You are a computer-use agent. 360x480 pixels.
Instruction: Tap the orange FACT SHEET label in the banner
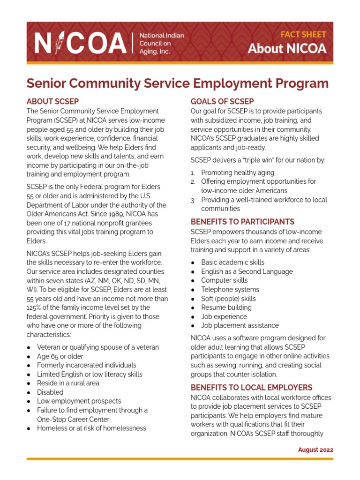(x=303, y=35)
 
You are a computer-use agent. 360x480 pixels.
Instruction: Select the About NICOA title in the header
(x=287, y=49)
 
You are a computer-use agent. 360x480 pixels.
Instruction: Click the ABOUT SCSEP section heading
(x=52, y=101)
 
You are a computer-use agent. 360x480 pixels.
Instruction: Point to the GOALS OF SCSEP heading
(x=222, y=101)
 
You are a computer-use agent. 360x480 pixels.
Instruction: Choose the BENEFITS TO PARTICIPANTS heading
(x=242, y=222)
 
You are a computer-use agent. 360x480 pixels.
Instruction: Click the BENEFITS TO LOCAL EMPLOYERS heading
(x=251, y=388)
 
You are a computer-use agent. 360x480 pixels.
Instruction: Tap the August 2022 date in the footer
(x=315, y=450)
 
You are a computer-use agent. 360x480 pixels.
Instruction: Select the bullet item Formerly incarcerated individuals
(x=87, y=365)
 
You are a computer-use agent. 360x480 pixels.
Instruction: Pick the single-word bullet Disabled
(x=50, y=392)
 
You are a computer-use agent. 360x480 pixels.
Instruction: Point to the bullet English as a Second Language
(x=247, y=271)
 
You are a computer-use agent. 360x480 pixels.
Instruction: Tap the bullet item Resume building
(x=226, y=307)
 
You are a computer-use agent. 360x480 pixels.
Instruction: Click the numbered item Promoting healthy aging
(x=238, y=172)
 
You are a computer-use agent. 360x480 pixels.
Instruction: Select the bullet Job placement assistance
(x=240, y=325)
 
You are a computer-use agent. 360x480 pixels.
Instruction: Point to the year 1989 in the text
(x=106, y=214)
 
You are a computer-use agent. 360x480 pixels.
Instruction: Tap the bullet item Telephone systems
(x=230, y=290)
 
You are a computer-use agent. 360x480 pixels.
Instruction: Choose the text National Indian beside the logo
(x=162, y=36)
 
